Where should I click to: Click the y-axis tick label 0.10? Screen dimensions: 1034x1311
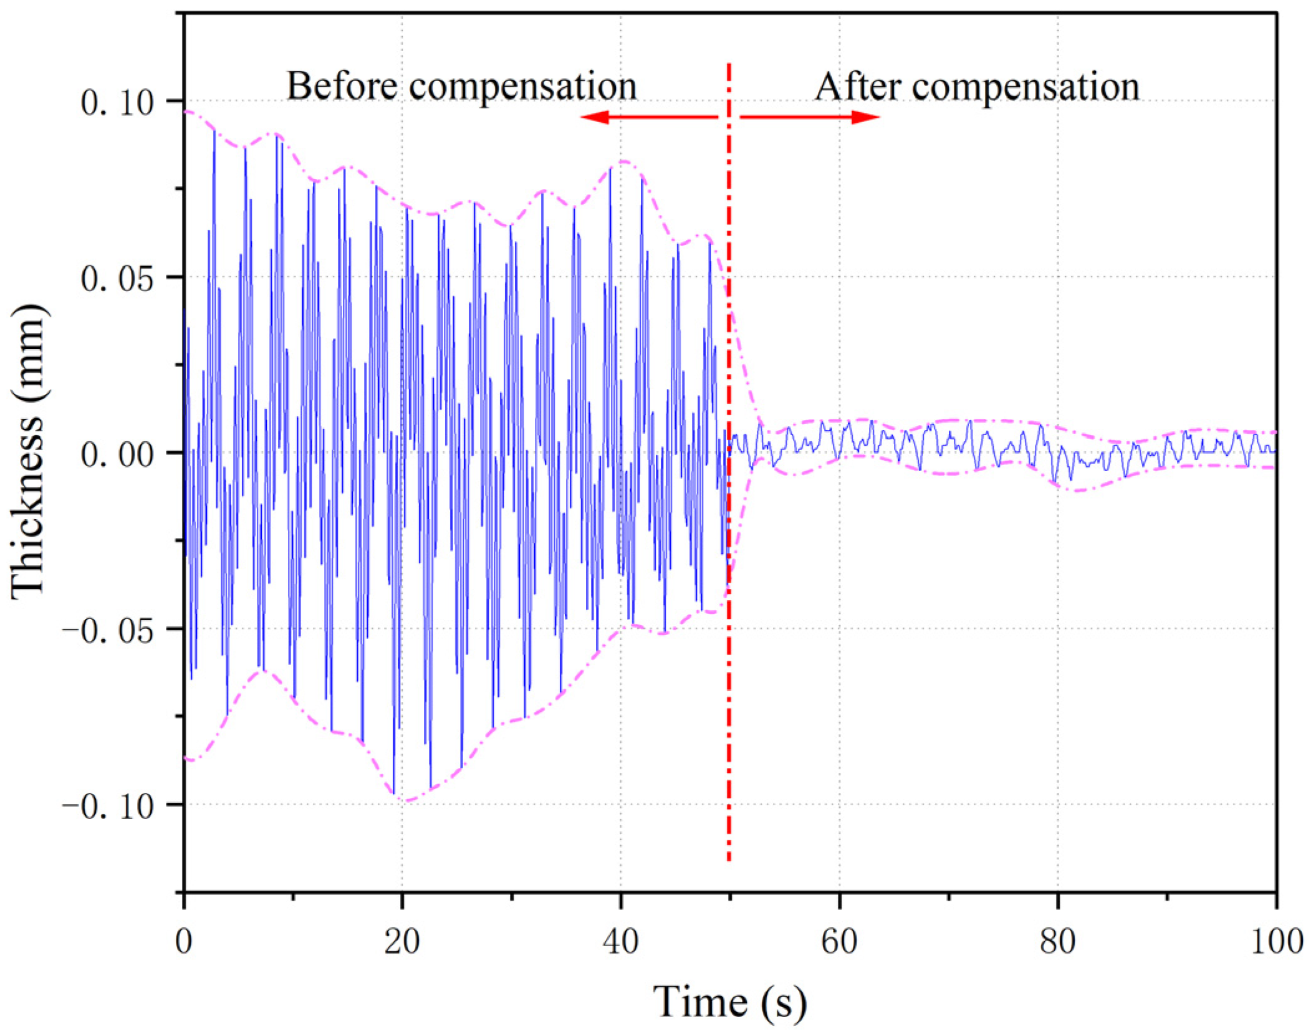click(x=117, y=102)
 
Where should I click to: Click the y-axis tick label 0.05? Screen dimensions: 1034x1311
click(x=117, y=278)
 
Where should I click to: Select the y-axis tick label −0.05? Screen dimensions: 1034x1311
click(x=107, y=630)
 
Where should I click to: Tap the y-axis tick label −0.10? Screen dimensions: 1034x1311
click(x=107, y=806)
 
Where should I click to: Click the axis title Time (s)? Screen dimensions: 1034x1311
click(x=729, y=1002)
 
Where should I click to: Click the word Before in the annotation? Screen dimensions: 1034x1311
click(x=342, y=85)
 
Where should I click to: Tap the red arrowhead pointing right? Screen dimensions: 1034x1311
click(x=867, y=117)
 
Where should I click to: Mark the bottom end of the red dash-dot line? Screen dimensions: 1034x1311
click(x=728, y=860)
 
